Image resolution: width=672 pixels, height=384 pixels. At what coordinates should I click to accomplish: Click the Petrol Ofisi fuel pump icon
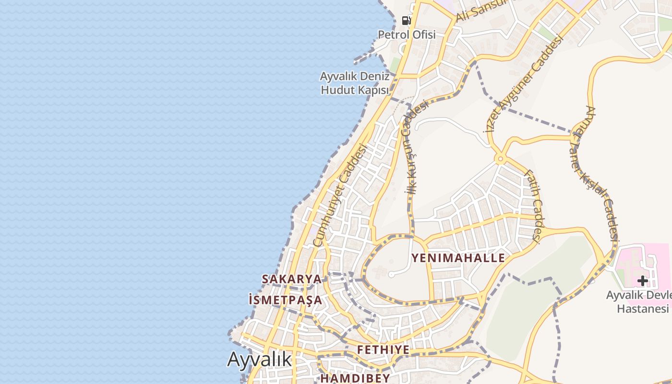tap(407, 21)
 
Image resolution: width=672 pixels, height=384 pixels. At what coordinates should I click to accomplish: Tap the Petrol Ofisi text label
tap(407, 35)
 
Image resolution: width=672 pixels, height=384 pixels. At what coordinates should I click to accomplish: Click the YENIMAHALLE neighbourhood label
tap(458, 258)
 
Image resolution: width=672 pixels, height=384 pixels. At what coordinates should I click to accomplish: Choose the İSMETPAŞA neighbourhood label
tap(285, 300)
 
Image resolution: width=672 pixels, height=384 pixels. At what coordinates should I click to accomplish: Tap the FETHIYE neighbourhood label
tap(383, 349)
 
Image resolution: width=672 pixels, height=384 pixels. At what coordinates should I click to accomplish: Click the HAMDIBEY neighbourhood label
tap(355, 378)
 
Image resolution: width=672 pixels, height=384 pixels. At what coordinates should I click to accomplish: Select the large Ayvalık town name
tap(259, 359)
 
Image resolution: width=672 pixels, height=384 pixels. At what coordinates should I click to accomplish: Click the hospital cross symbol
tap(643, 281)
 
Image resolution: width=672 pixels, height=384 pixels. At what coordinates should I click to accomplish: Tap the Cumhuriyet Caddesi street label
tap(339, 195)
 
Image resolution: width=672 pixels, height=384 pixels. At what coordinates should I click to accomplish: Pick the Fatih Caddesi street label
tap(533, 205)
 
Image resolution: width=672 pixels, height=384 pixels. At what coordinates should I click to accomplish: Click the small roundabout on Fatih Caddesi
tap(500, 159)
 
